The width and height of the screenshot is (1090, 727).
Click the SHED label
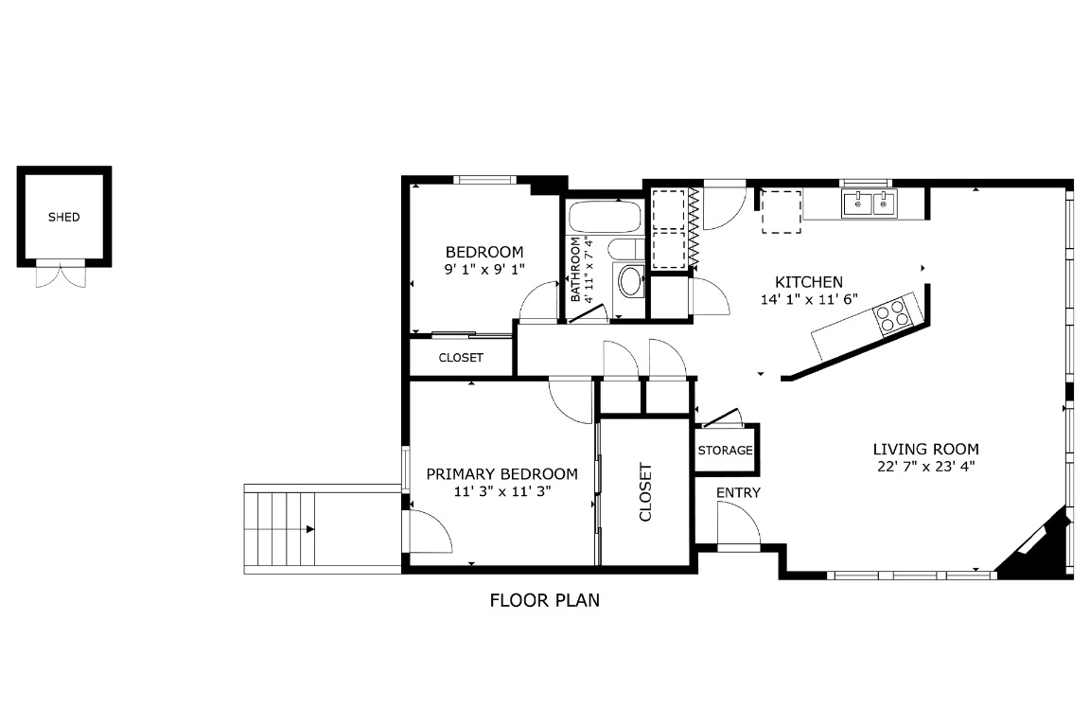[64, 217]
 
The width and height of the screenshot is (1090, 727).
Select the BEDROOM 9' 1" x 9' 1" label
[483, 260]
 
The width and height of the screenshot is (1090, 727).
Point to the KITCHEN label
[808, 282]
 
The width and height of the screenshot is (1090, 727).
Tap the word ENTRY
[737, 493]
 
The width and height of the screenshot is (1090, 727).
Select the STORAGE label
[726, 451]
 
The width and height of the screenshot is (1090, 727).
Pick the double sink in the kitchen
[870, 203]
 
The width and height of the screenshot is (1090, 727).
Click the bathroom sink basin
[629, 281]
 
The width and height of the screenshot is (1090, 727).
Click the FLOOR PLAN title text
[544, 600]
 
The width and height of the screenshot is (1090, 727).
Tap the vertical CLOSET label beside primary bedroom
[646, 492]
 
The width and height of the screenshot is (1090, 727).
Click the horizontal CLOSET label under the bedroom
[461, 358]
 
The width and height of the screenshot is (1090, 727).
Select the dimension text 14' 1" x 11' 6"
[808, 299]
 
